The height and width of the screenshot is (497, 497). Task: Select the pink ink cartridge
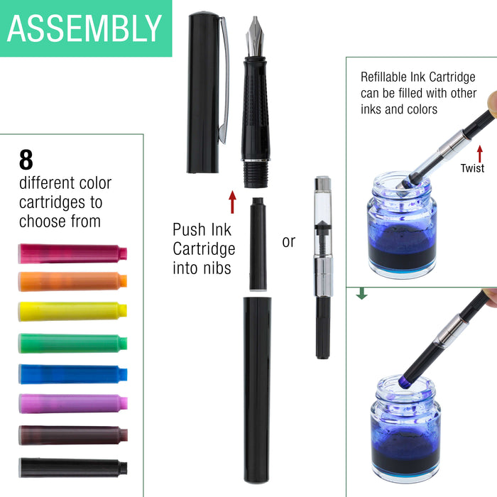click(x=72, y=253)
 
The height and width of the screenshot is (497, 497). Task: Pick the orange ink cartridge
click(x=72, y=281)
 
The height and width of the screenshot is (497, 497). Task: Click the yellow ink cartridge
click(x=72, y=311)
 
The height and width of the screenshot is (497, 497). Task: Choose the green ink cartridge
click(x=72, y=343)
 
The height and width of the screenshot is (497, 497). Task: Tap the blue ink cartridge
click(x=72, y=373)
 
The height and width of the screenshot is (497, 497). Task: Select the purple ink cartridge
click(x=72, y=403)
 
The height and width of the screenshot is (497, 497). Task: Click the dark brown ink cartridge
click(x=72, y=435)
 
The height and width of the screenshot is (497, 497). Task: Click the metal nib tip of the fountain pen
click(x=255, y=35)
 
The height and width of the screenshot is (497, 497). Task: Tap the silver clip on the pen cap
click(x=225, y=78)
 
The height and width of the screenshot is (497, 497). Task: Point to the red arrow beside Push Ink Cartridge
click(x=231, y=202)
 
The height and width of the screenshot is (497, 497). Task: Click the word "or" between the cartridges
click(x=288, y=242)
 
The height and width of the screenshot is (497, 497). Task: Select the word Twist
click(x=472, y=168)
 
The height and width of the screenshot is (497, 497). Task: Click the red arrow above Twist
click(x=480, y=152)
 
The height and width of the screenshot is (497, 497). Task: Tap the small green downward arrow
click(x=361, y=293)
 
